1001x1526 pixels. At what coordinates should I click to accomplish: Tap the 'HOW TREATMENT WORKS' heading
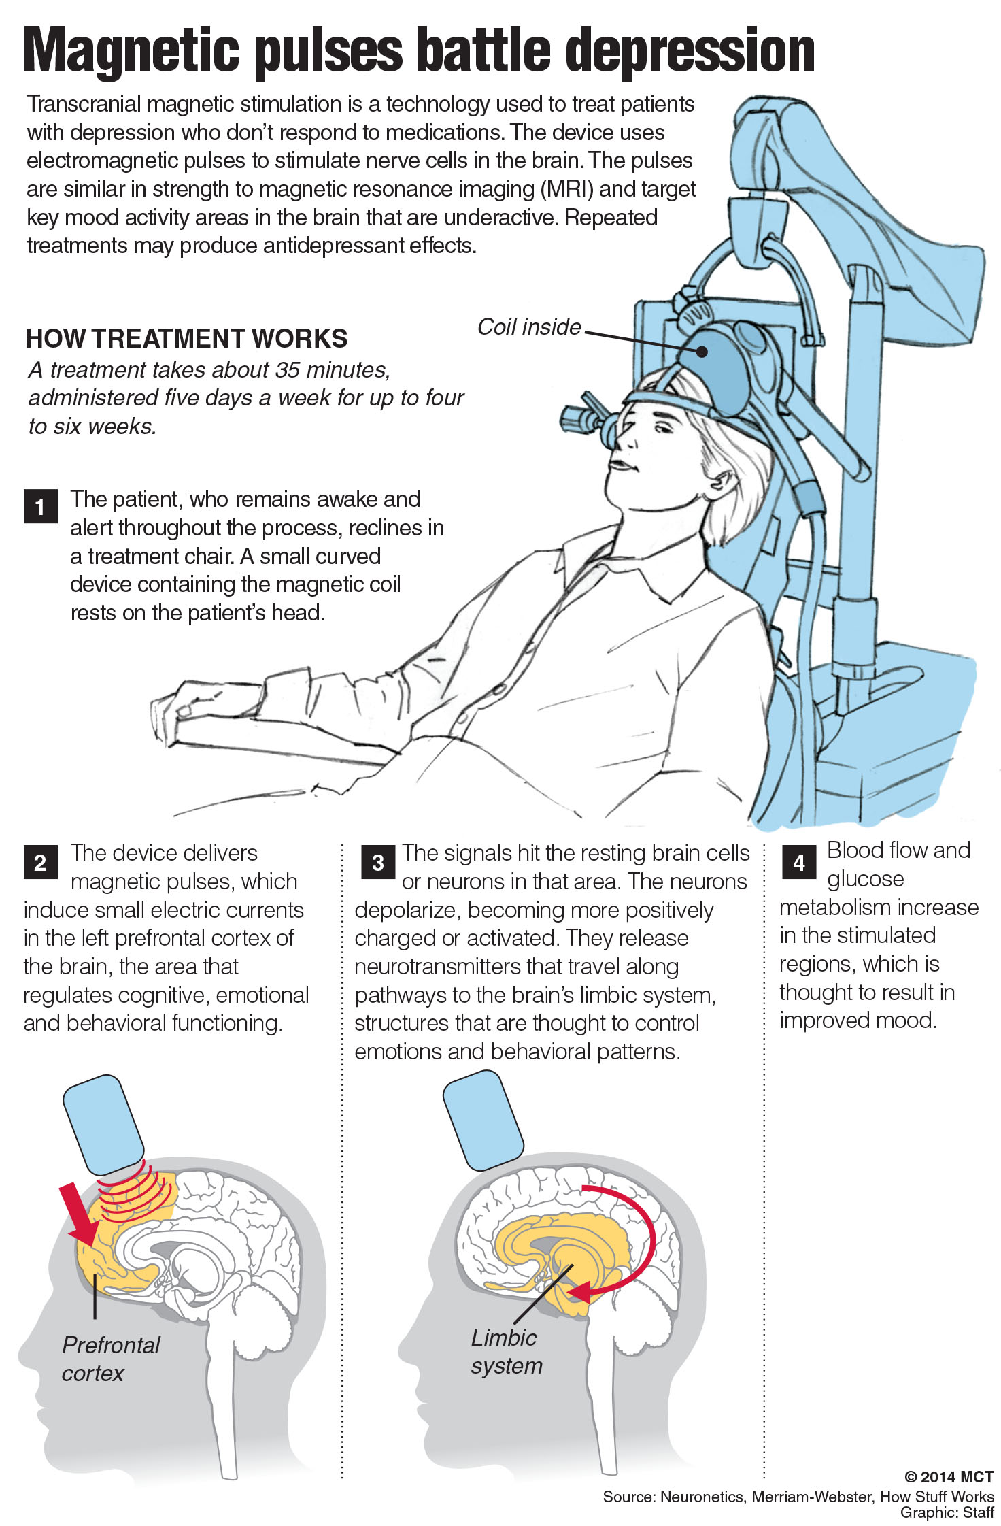(x=186, y=338)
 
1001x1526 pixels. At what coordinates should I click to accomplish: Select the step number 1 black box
(x=40, y=506)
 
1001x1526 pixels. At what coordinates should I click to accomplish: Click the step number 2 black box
(x=40, y=862)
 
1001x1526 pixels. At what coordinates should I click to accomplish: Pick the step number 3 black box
(x=378, y=862)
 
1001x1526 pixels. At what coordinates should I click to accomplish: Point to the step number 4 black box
(x=799, y=862)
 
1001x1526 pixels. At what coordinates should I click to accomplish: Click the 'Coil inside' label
(x=529, y=327)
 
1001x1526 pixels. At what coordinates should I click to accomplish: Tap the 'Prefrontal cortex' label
(x=110, y=1359)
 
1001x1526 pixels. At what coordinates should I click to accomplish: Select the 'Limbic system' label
(x=506, y=1351)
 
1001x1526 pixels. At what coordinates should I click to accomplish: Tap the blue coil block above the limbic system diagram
(x=483, y=1119)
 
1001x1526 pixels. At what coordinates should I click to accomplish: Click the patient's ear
(x=722, y=484)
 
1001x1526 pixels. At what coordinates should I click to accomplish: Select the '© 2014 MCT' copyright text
(x=949, y=1477)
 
